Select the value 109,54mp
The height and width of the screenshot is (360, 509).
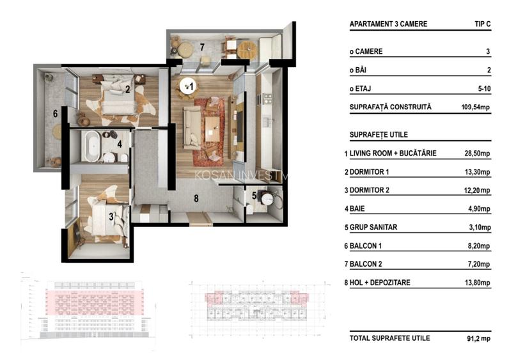point(475,107)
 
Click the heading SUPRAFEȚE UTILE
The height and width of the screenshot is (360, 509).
point(379,135)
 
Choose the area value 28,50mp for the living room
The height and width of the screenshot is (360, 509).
point(476,154)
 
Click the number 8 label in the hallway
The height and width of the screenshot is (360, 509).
point(197,198)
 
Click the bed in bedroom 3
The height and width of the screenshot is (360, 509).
point(102,217)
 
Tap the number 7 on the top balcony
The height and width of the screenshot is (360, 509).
point(201,47)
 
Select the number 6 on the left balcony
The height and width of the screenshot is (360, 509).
point(56,114)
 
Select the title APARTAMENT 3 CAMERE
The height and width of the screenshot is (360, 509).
point(388,24)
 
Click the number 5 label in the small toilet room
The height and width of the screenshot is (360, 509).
point(254,196)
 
